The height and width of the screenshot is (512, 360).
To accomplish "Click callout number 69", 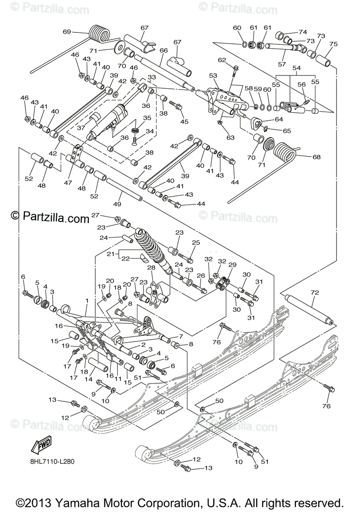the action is [67, 32].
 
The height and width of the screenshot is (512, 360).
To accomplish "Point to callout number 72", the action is [315, 292].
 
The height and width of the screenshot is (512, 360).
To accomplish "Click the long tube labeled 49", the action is [124, 189].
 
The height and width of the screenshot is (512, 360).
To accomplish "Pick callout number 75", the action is [334, 44].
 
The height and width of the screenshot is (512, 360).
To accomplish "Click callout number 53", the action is [213, 76].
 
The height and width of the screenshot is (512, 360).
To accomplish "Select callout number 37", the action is [81, 128].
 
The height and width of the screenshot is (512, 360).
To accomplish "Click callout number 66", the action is [164, 50].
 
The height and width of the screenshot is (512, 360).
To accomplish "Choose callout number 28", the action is [151, 268].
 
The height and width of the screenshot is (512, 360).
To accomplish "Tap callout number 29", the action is [232, 265].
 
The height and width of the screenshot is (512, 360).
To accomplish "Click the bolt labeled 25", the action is [186, 258].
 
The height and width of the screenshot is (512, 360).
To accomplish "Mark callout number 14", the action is [88, 379].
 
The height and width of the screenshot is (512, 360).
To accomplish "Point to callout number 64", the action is [279, 119].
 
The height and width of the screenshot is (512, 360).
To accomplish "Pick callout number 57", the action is [282, 64].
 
